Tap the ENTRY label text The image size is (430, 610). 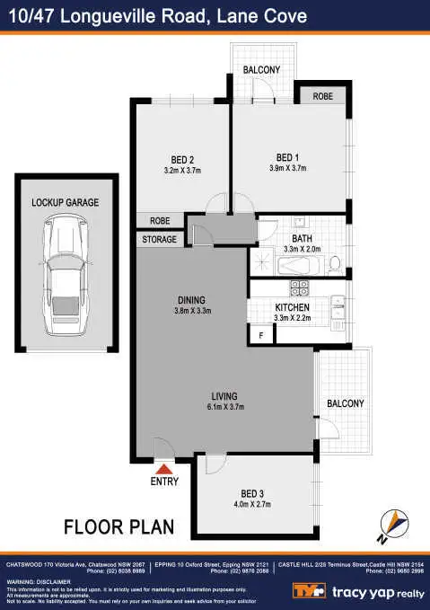[x=164, y=482]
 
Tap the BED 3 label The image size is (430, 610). [x=252, y=494]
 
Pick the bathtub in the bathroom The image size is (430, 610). [x=298, y=266]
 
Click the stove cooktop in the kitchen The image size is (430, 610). [x=299, y=289]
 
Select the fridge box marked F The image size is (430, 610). [x=261, y=336]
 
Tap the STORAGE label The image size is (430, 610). [x=160, y=240]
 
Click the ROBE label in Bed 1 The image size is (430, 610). [x=323, y=96]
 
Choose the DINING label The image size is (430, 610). [x=191, y=300]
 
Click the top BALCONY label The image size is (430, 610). [x=261, y=70]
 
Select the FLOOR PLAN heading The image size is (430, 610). [x=118, y=526]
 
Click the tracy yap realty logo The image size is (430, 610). [x=355, y=589]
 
